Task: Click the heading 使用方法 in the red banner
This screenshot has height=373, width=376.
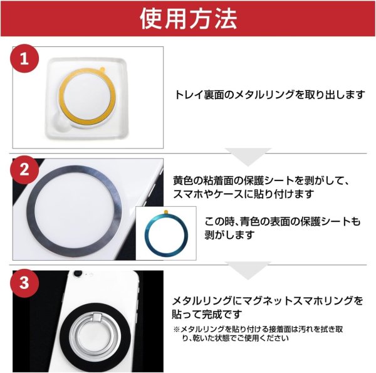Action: tap(188, 19)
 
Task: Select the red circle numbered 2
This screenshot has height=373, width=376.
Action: tap(24, 170)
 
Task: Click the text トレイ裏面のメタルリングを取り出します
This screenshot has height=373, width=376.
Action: tap(269, 95)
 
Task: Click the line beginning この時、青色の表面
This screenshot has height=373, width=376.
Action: tap(282, 222)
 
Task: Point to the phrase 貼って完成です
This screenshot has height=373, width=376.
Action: tap(207, 313)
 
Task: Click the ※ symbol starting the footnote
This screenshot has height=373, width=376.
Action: tap(176, 328)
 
